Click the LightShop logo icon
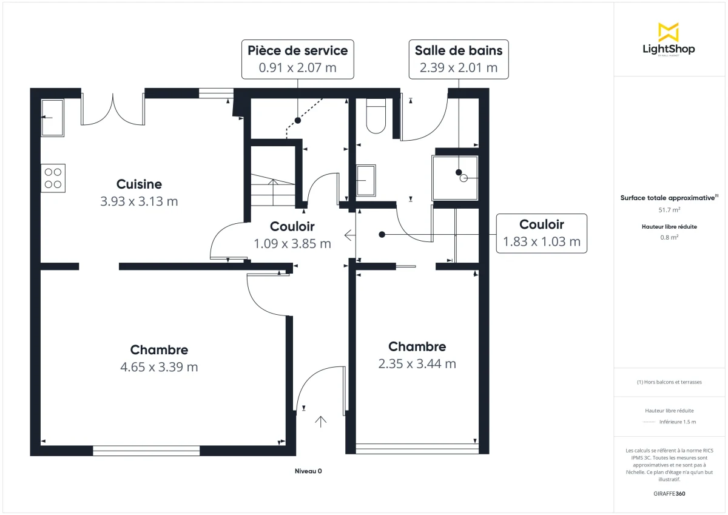coord(669,32)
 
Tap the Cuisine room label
coord(139,184)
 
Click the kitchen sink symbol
coord(52,118)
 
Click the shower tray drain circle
coord(464,178)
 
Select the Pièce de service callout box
coord(297,59)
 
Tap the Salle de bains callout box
coord(458,59)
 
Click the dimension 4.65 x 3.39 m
coord(160,367)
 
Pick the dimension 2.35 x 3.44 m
coord(417,364)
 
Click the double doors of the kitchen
coord(113,109)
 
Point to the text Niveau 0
coord(308,471)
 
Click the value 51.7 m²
coord(669,210)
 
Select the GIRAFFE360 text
coord(669,494)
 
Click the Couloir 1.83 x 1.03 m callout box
coord(542,234)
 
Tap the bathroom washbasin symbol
coord(366,181)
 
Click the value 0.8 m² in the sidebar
coord(669,237)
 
